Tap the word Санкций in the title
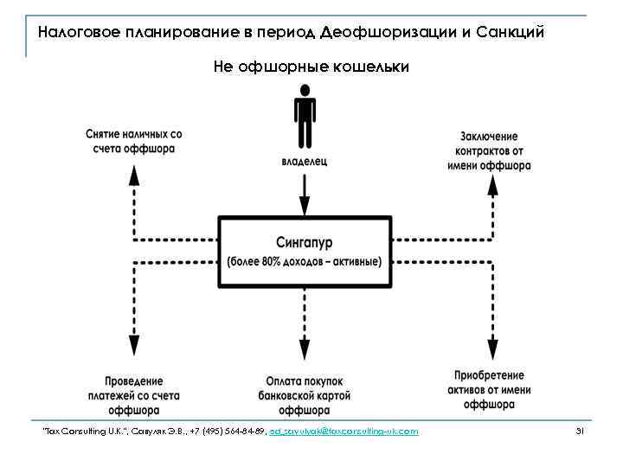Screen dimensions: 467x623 513,33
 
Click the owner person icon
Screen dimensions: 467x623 305,118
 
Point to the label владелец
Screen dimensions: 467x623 305,161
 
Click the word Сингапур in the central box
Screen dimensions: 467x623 305,244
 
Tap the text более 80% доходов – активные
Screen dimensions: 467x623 305,261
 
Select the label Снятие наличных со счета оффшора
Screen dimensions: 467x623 133,141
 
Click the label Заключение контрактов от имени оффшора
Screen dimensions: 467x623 489,150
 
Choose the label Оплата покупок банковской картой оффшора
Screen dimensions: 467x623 305,395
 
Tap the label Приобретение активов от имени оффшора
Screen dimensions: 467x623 489,389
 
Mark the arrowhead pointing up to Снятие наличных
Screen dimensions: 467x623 133,173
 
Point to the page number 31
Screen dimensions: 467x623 580,431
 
